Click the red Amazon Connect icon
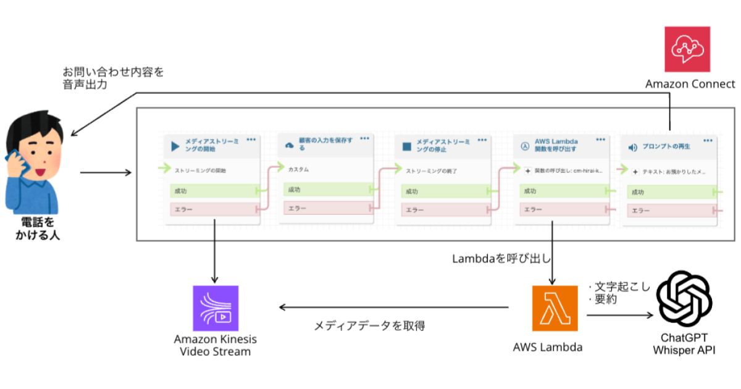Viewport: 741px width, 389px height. point(687,49)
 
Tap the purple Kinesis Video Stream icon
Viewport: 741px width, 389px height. point(216,307)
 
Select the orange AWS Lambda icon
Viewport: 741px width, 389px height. point(555,308)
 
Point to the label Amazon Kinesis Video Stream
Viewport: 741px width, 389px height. point(216,345)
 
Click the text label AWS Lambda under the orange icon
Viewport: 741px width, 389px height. point(548,347)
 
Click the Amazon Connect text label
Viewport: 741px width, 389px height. point(690,84)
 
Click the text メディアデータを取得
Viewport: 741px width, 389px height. point(370,325)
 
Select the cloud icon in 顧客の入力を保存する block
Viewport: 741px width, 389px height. point(290,145)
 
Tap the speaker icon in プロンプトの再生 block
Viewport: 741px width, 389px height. point(632,148)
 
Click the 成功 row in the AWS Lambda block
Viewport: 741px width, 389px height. point(562,192)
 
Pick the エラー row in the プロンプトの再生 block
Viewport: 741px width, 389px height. point(670,211)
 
